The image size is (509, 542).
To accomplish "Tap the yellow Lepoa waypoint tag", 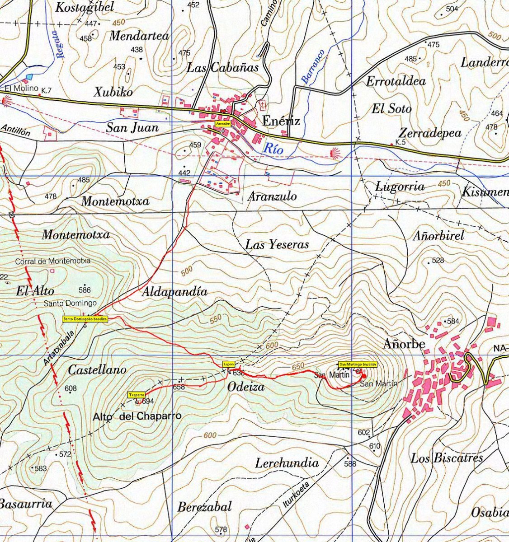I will click(228, 364).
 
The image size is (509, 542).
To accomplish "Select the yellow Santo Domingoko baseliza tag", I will click(85, 319).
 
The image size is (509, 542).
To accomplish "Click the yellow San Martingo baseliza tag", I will click(358, 364).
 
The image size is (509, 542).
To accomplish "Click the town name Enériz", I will click(281, 121).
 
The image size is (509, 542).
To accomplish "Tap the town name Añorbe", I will click(404, 344).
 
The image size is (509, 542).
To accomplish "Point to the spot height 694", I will click(148, 401).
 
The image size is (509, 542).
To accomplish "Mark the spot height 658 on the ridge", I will click(179, 387).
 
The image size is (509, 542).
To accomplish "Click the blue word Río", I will click(274, 148).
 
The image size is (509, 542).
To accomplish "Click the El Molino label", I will click(22, 89).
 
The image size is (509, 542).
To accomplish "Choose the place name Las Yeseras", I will click(277, 245).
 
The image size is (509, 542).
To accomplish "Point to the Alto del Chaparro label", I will click(137, 416).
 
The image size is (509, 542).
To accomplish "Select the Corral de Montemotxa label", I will click(53, 261).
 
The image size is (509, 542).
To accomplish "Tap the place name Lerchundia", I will click(287, 463).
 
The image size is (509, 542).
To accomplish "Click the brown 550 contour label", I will click(216, 319).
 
